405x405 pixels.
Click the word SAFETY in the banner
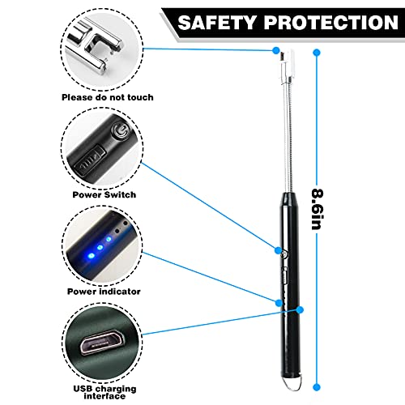click(216, 23)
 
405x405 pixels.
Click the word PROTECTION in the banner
click(331, 23)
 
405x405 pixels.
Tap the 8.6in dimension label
click(318, 209)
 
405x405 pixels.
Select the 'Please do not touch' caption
click(108, 97)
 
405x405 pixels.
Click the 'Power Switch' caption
click(104, 194)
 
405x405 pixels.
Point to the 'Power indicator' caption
click(104, 292)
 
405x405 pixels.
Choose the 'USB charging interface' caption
click(104, 392)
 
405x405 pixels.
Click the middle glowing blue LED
click(100, 247)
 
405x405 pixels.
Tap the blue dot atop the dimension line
click(318, 53)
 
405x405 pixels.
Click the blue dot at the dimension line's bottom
click(318, 387)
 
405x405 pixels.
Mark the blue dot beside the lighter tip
click(276, 50)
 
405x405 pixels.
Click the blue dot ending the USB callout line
click(300, 309)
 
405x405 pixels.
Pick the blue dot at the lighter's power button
click(278, 250)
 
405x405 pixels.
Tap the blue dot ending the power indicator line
click(279, 303)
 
